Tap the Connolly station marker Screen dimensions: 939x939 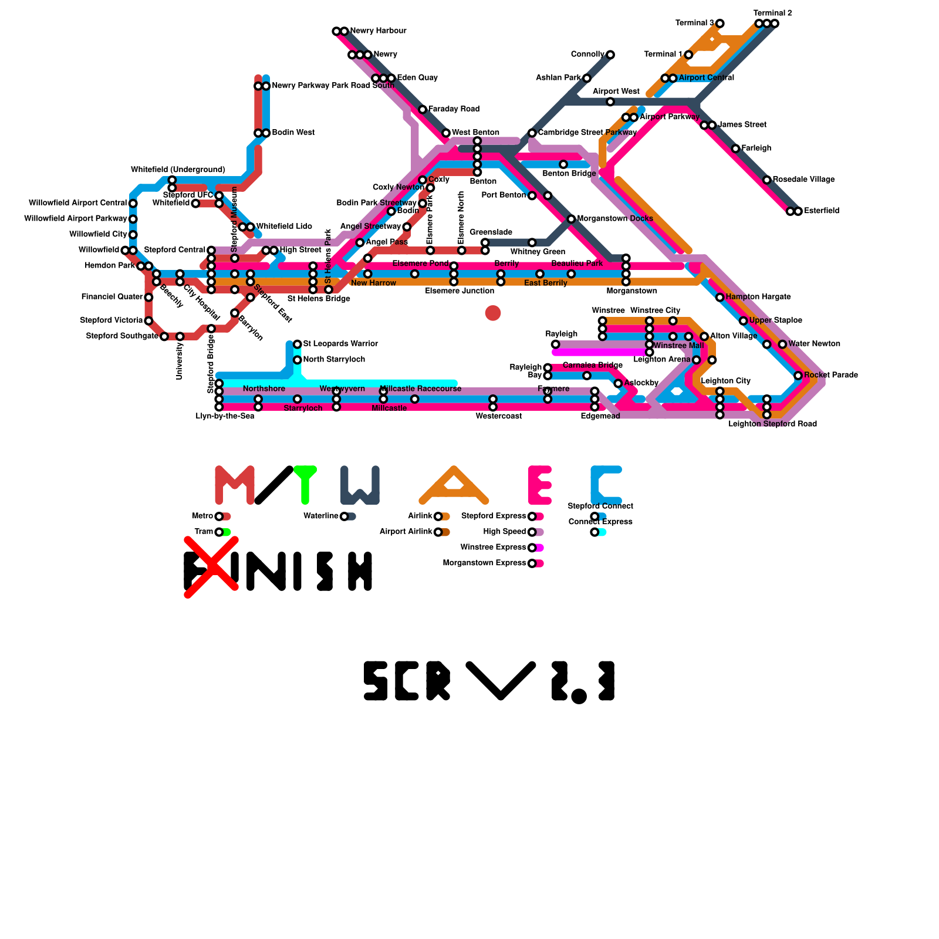tap(610, 55)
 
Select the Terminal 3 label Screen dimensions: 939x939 tap(694, 23)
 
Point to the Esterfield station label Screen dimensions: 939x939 tap(822, 211)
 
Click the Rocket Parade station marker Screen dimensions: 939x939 tap(798, 376)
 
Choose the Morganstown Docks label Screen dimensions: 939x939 tap(614, 219)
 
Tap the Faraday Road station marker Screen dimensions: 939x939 tap(423, 110)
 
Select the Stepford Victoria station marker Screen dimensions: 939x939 tap(148, 321)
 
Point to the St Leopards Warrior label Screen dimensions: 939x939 tap(340, 344)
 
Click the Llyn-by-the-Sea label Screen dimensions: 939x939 tap(225, 417)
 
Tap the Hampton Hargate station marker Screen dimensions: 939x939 tap(720, 298)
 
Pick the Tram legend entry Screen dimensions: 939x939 tap(204, 532)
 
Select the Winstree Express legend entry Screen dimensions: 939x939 tap(493, 548)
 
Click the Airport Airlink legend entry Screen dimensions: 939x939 tap(406, 532)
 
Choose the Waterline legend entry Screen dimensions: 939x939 tap(321, 516)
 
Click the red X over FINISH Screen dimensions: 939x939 tap(211, 568)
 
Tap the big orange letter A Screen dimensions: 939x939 tap(454, 485)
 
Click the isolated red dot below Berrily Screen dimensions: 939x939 tap(493, 313)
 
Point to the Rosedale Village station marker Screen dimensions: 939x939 tap(767, 180)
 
